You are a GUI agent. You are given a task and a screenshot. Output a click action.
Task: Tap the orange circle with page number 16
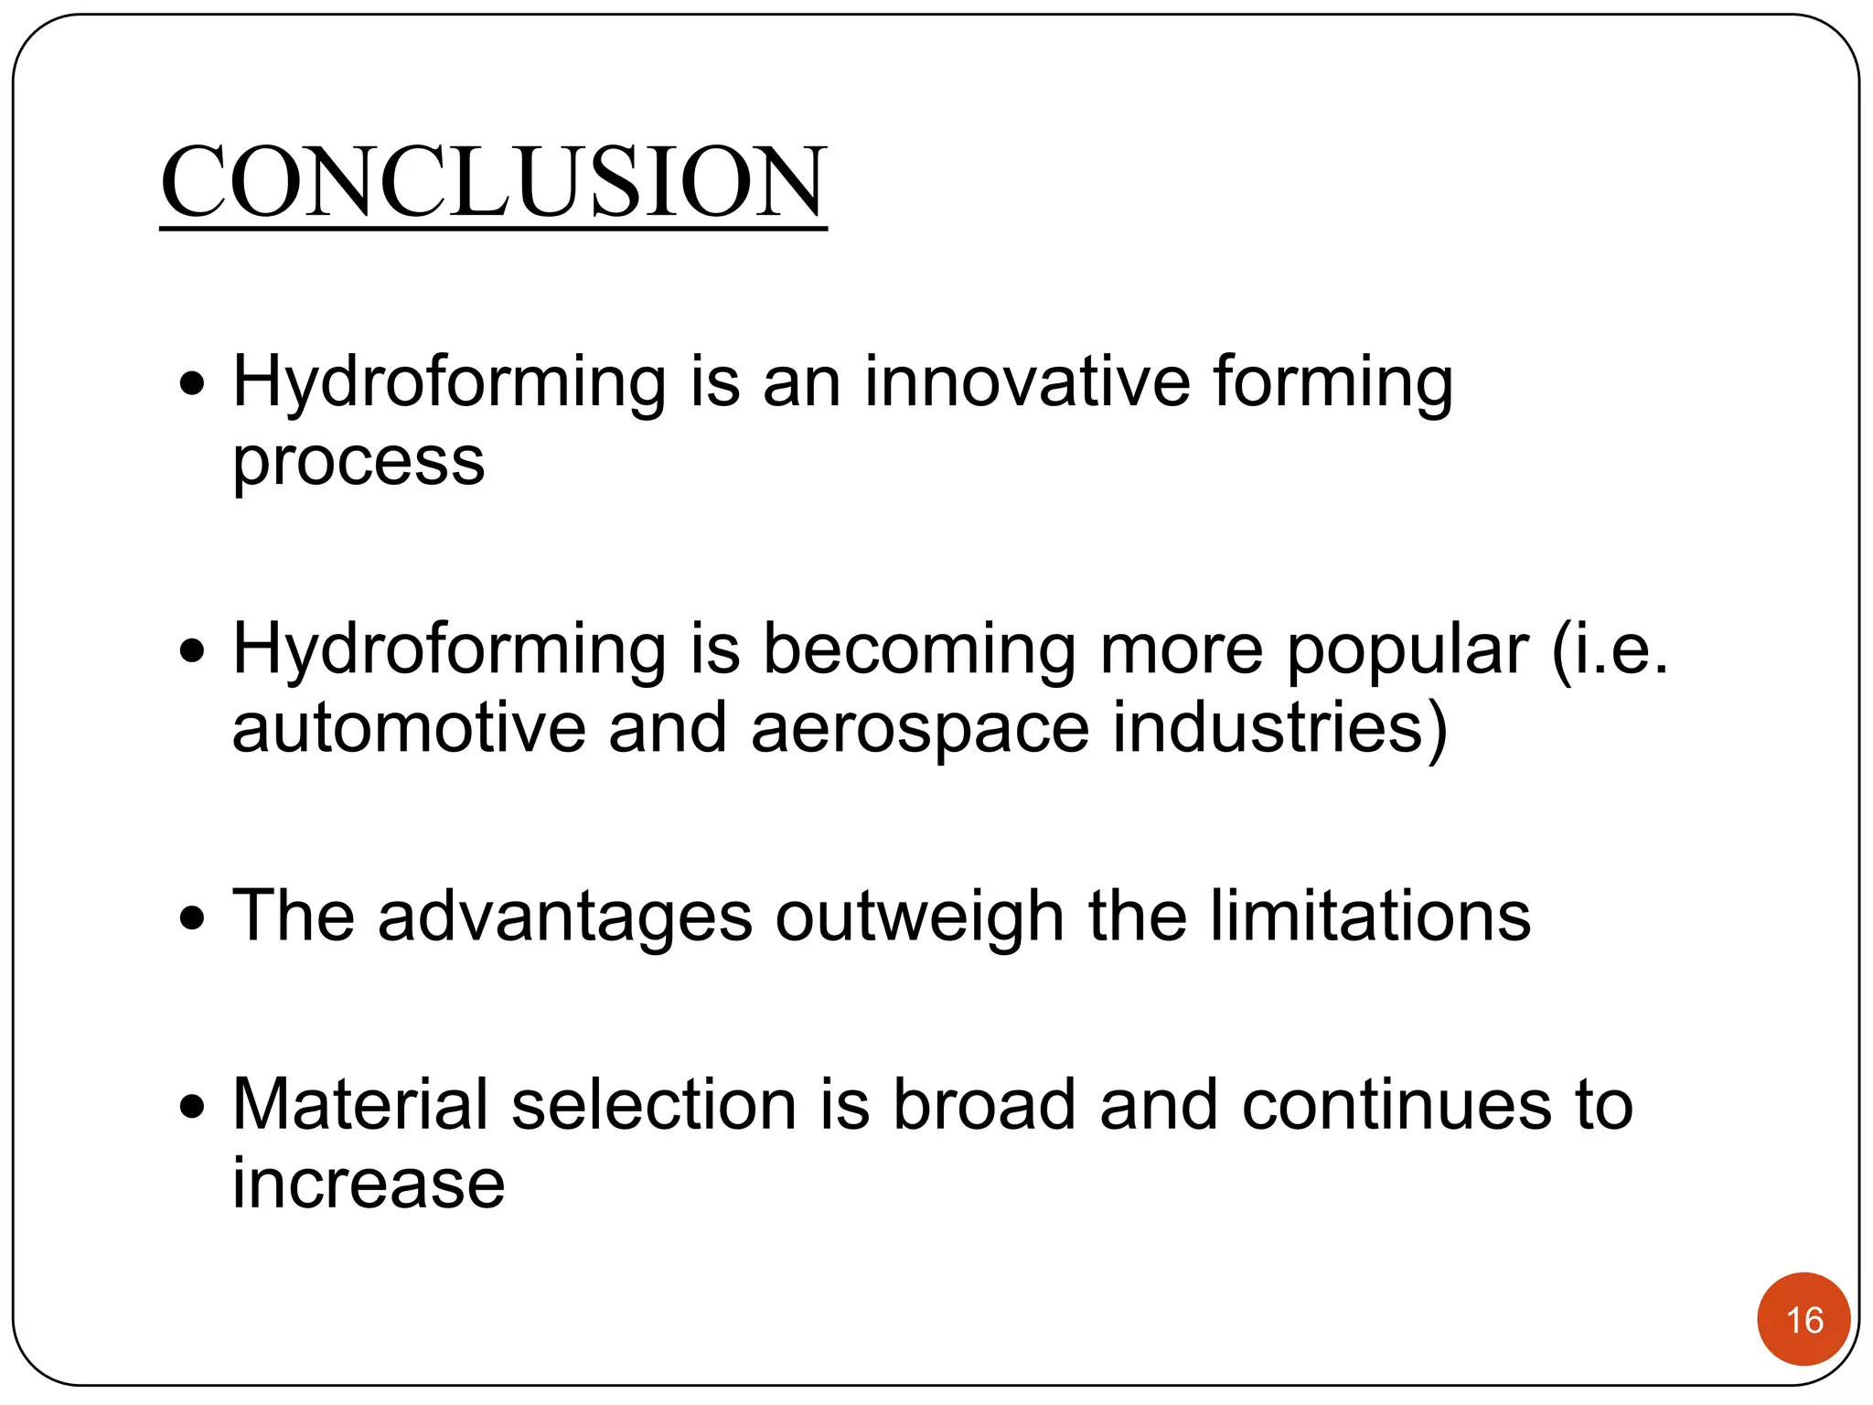coord(1803,1319)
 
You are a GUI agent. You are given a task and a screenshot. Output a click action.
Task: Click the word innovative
coord(1027,381)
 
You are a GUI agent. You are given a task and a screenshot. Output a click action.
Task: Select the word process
coord(359,462)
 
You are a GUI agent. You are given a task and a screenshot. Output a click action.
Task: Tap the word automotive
coord(409,728)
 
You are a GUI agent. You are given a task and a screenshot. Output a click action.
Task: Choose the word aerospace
coord(920,730)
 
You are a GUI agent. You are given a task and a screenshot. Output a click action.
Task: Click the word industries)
coord(1280,728)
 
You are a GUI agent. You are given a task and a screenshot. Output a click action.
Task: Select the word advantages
coord(565,917)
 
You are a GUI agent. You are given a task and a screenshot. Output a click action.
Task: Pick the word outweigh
coord(919,917)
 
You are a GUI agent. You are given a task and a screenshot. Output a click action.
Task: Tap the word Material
coord(360,1104)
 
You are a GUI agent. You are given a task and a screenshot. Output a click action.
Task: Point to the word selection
coord(654,1104)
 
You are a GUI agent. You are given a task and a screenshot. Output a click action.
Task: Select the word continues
coord(1397,1104)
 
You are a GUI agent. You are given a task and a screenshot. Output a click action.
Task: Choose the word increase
coord(368,1184)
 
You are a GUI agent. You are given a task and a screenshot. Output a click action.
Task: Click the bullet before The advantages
coord(192,917)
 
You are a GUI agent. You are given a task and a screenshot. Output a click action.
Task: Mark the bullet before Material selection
coord(192,1108)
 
